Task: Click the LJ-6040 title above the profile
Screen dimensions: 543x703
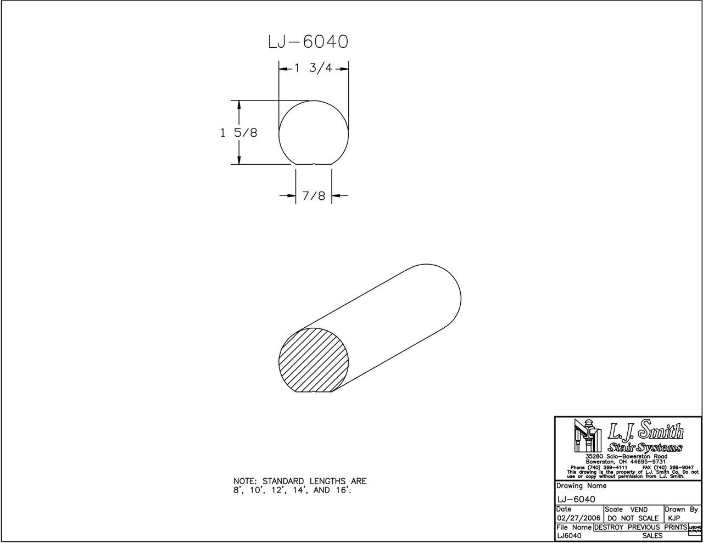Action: [x=308, y=42]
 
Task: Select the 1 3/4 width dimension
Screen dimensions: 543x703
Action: [x=314, y=69]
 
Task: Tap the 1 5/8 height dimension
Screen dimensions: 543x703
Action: [x=239, y=133]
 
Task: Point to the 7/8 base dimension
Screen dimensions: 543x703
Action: [x=314, y=195]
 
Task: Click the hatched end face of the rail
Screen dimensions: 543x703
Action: [x=313, y=361]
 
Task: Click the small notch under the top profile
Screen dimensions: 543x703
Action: [x=314, y=164]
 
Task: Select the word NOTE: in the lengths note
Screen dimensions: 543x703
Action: [x=246, y=482]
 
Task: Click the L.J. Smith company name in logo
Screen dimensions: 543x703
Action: [x=645, y=432]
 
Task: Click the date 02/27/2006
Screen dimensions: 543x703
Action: [x=579, y=518]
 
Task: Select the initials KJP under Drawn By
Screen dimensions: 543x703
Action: [x=674, y=518]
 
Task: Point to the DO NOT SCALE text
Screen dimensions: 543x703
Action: [x=633, y=518]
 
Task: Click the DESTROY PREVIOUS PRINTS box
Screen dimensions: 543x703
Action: [x=640, y=527]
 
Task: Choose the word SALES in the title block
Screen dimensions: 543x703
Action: [x=652, y=535]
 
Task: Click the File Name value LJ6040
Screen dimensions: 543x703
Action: [x=570, y=535]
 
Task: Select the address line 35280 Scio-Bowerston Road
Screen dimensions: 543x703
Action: [x=626, y=457]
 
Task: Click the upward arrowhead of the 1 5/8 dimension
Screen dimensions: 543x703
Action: [x=239, y=104]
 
